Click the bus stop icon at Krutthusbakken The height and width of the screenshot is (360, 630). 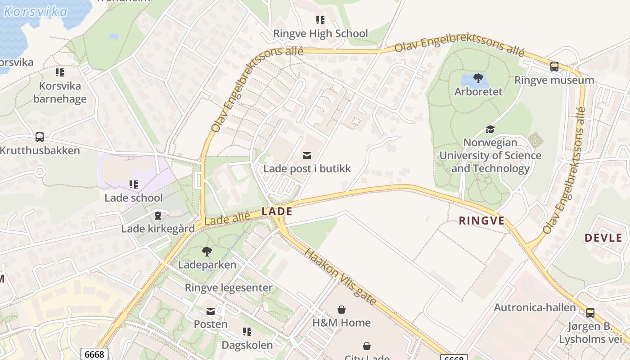(x=40, y=137)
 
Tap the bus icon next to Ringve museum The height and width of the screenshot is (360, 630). (x=554, y=67)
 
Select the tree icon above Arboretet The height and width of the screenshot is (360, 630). (x=478, y=79)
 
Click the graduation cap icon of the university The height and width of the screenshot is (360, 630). (x=490, y=130)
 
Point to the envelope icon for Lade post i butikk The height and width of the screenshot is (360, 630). (x=307, y=156)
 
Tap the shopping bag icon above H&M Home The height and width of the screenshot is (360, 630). (x=342, y=310)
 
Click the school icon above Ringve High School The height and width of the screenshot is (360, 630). (x=320, y=20)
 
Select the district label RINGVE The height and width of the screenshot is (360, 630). (x=481, y=221)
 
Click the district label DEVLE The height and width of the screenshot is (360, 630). (x=603, y=238)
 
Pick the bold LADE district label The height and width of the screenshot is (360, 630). (x=277, y=211)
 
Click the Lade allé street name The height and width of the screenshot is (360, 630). (x=227, y=219)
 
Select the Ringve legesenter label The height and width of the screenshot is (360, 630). (x=229, y=288)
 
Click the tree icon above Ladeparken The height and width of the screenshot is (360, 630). (x=207, y=252)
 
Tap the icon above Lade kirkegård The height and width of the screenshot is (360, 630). (x=157, y=216)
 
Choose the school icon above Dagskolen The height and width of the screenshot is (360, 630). (x=247, y=332)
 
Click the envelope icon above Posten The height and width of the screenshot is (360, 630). (x=211, y=311)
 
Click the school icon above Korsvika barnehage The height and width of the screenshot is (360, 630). (x=60, y=72)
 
